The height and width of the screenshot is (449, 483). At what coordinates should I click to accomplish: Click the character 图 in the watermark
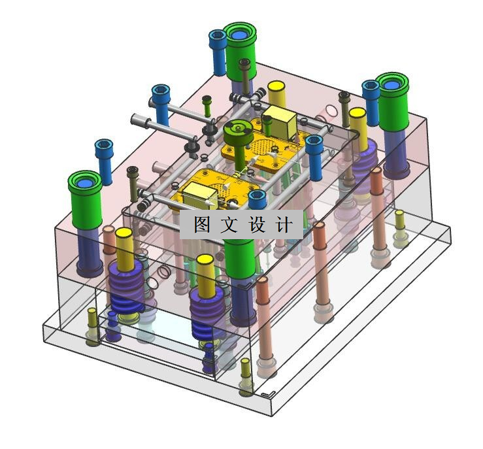pos(202,224)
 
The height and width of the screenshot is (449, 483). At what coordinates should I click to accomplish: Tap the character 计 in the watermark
pos(283,224)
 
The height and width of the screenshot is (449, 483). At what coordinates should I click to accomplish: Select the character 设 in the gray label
pos(256,224)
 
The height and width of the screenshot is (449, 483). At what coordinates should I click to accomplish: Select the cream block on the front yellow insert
pos(200,194)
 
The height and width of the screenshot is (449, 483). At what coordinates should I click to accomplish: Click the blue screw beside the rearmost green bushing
pos(218,52)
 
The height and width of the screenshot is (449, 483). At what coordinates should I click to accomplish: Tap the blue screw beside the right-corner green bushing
pos(371,103)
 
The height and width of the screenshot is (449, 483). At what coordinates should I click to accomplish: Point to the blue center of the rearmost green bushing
pos(239,35)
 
